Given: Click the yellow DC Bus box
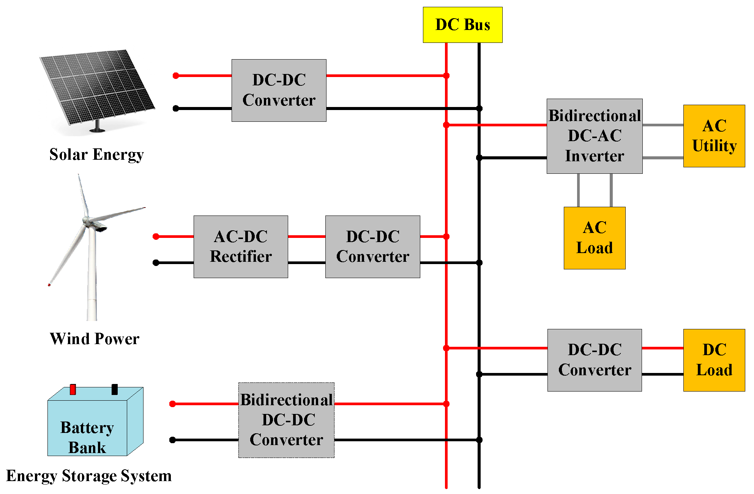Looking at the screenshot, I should (x=462, y=25).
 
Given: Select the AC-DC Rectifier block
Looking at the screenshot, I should (x=241, y=247).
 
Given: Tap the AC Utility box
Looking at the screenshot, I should (x=714, y=136).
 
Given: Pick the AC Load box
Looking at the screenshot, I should (x=594, y=238).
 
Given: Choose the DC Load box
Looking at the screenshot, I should (x=714, y=360).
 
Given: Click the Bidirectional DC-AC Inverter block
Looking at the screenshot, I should (x=594, y=136).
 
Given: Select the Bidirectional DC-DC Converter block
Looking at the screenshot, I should (x=286, y=420).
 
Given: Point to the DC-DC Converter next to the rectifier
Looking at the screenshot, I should (x=372, y=247).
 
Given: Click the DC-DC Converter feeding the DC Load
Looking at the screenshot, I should (x=594, y=360).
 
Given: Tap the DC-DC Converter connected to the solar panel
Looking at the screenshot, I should (x=279, y=90).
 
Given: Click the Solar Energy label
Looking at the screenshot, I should (x=96, y=154).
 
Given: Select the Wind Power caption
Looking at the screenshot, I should (x=95, y=338).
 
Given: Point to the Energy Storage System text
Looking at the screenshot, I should (x=89, y=476).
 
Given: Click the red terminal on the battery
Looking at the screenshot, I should (x=73, y=389).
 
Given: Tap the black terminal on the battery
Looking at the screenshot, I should (x=115, y=389).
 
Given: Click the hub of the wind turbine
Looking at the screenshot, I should (x=87, y=220).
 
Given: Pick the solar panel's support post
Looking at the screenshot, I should (x=97, y=126).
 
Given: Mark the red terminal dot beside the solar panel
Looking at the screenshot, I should (x=176, y=76).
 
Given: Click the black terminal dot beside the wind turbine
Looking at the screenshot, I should (x=156, y=263).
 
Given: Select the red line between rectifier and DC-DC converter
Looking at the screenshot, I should (x=306, y=236).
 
